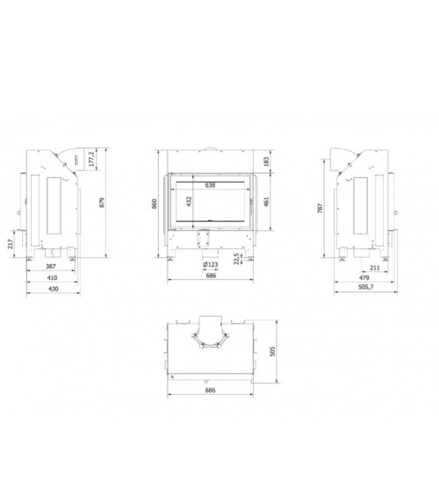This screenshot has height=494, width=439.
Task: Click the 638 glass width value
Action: [210, 187]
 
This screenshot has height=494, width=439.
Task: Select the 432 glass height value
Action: [189, 200]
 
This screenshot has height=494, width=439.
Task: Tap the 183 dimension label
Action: [266, 161]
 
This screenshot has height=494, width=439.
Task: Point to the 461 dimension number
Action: [266, 200]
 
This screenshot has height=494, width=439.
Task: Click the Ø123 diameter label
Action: [210, 265]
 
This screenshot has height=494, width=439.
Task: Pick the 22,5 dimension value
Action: [237, 259]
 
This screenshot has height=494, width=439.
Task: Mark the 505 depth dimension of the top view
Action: [272, 351]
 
